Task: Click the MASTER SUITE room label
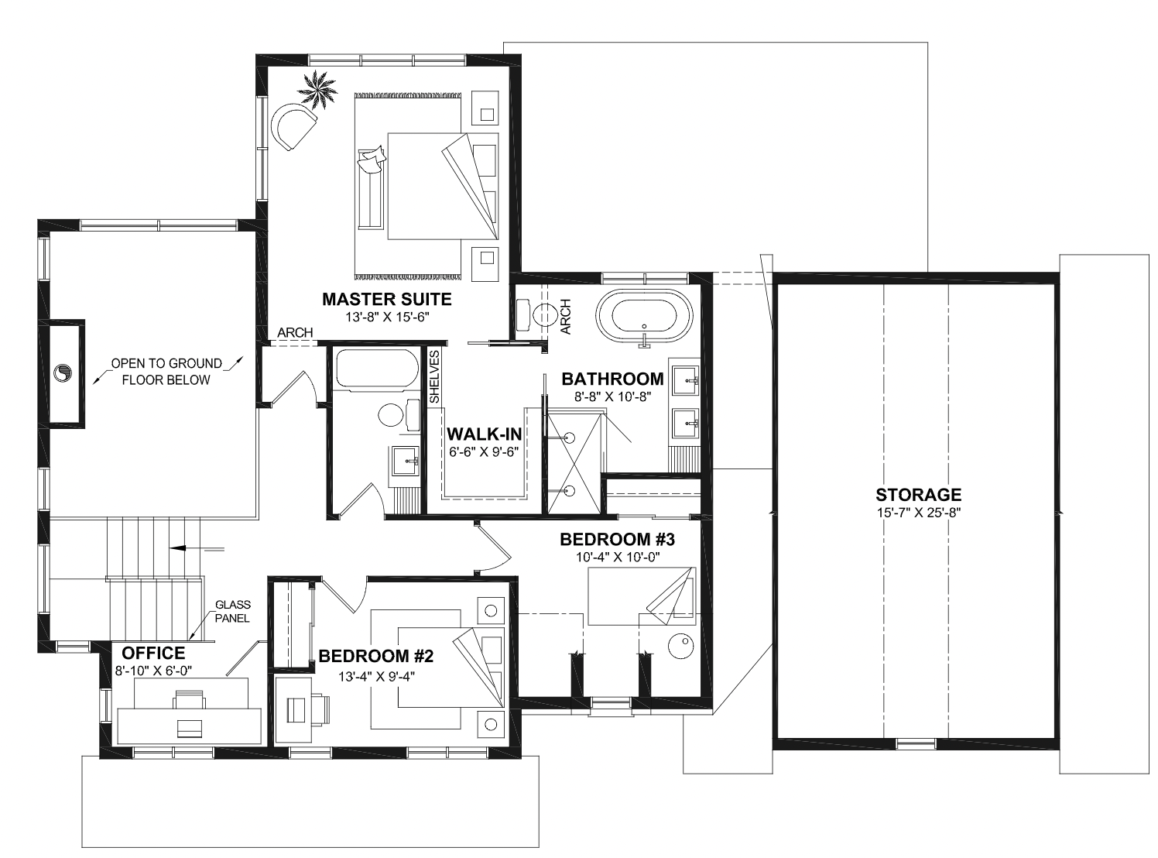click(386, 300)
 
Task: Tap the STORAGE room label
click(918, 495)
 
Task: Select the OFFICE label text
click(153, 653)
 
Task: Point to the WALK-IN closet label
click(484, 434)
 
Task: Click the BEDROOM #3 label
click(618, 539)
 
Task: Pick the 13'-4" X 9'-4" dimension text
click(376, 677)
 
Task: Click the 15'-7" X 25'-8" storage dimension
click(919, 513)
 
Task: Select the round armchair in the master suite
click(292, 126)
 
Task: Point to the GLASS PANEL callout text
click(233, 612)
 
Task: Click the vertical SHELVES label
click(434, 377)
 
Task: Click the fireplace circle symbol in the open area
click(63, 373)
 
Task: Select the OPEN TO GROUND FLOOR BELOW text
click(166, 372)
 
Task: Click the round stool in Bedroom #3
click(681, 647)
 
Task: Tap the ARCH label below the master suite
click(295, 333)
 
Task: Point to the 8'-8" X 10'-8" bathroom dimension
click(613, 396)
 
